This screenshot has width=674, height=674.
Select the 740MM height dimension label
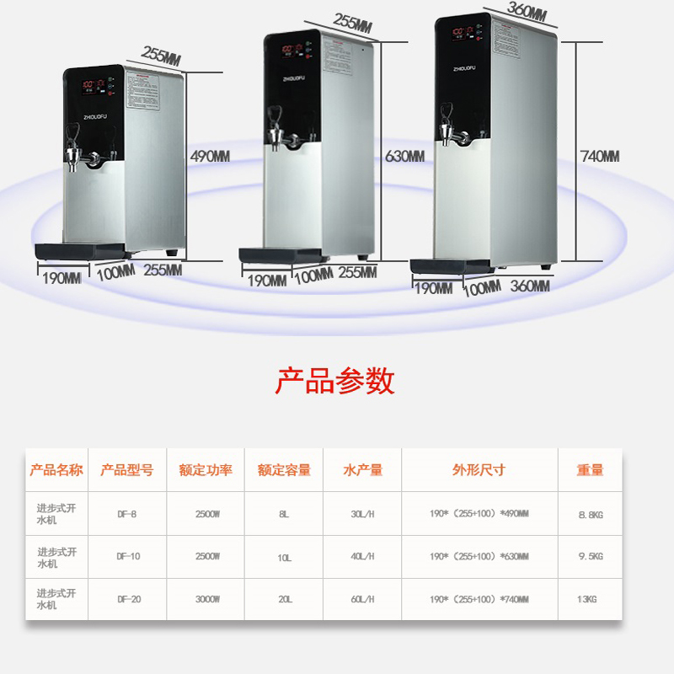point(599,157)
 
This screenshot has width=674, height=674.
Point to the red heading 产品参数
point(334,381)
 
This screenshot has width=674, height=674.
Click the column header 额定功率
point(206,470)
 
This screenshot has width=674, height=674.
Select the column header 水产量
point(363,470)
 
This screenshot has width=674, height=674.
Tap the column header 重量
point(590,470)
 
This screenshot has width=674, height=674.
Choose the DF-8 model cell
point(126,513)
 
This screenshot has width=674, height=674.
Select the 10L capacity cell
point(284,557)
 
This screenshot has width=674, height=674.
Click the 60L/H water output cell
point(363,599)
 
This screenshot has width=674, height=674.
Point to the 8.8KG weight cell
point(590,513)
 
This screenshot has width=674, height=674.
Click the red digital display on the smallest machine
point(93,85)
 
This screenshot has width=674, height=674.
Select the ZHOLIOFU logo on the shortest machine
point(94,106)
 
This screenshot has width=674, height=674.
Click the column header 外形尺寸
point(479,470)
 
